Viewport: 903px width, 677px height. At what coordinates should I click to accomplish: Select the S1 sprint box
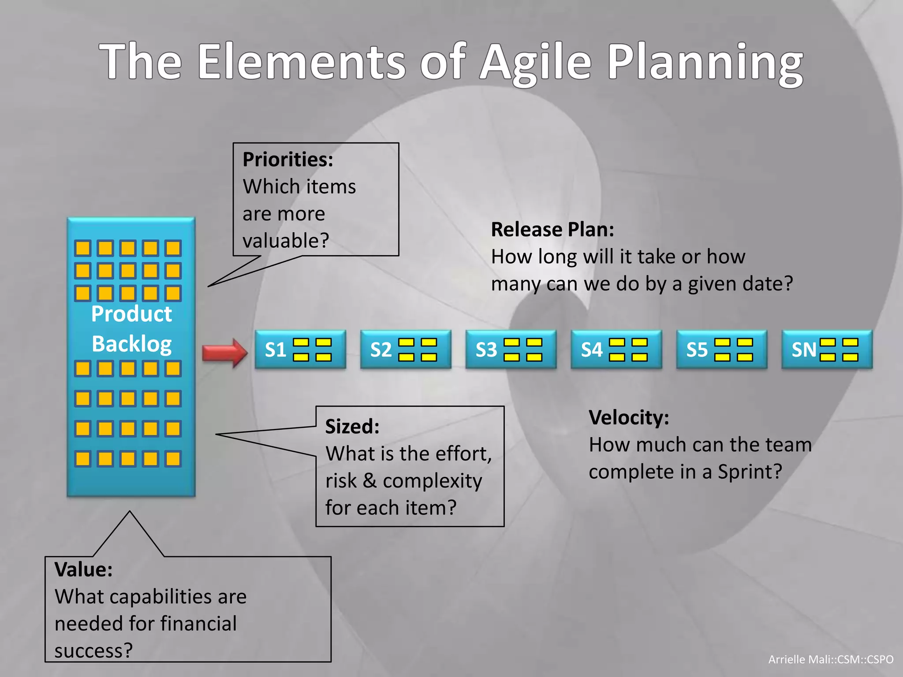[x=300, y=350]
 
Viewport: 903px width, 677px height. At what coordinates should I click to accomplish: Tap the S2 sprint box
[x=405, y=350]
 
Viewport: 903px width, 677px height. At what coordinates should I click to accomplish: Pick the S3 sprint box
[x=511, y=350]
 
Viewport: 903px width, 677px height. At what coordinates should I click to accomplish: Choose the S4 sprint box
[x=616, y=350]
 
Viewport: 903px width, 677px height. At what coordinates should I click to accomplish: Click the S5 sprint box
[x=721, y=350]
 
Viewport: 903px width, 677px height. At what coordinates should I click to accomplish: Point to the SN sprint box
[x=827, y=350]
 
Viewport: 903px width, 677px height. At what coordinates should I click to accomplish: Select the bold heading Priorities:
[x=287, y=160]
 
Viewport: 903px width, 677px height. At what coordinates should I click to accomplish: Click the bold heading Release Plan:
[x=552, y=230]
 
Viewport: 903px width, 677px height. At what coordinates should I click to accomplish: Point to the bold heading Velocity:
[x=629, y=417]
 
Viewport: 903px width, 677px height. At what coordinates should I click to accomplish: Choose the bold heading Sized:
[x=352, y=427]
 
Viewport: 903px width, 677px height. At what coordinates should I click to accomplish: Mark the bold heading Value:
[x=83, y=569]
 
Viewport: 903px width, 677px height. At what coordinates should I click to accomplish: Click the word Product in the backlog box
[x=131, y=314]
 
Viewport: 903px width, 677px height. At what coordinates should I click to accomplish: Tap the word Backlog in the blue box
[x=131, y=344]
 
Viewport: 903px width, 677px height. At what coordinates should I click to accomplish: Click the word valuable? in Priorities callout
[x=286, y=241]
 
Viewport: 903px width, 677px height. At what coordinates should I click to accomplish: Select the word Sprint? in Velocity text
[x=750, y=472]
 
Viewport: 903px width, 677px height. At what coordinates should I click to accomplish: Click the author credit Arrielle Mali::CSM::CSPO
[x=831, y=659]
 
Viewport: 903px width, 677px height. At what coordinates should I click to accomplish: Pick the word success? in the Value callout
[x=93, y=651]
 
